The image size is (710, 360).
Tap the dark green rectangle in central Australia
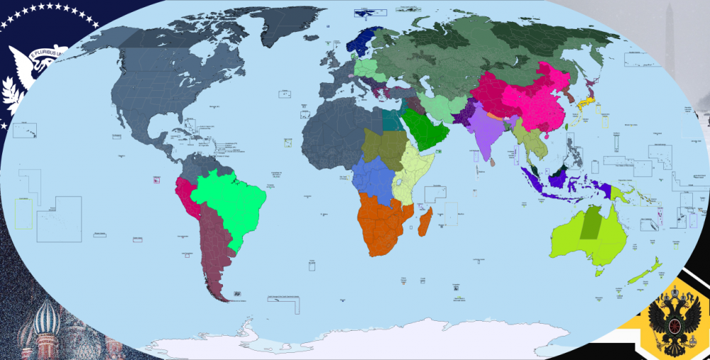pyautogui.click(x=590, y=223)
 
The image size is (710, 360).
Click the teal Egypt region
pyautogui.click(x=391, y=119)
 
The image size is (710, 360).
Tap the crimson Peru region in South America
pyautogui.click(x=186, y=195)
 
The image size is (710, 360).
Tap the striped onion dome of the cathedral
pyautogui.click(x=47, y=317)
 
